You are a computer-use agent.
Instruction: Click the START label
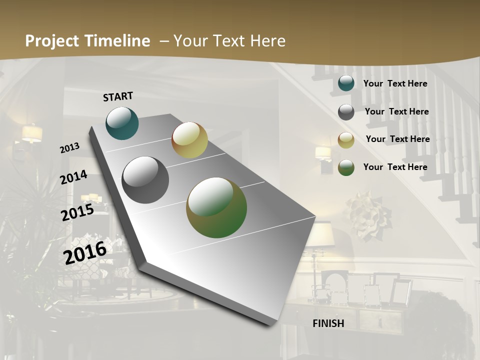point(118,96)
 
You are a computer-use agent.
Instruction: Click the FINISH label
point(328,323)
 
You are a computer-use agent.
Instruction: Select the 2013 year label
point(69,147)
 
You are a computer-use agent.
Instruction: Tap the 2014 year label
point(73,177)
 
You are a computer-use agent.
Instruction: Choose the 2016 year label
point(85,252)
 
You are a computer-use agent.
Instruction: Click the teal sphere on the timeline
point(122,123)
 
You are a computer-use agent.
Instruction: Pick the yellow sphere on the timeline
point(189,140)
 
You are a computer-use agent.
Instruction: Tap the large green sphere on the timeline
point(216,207)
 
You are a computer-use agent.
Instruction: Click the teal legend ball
point(346,83)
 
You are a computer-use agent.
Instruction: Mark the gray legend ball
point(346,112)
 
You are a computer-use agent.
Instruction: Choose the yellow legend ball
point(346,140)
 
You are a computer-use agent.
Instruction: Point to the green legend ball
point(346,167)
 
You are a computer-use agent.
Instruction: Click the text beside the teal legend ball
point(395,83)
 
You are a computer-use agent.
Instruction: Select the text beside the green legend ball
point(395,167)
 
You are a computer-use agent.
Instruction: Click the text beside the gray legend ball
point(396,111)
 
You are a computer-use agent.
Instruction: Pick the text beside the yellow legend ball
point(397,139)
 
